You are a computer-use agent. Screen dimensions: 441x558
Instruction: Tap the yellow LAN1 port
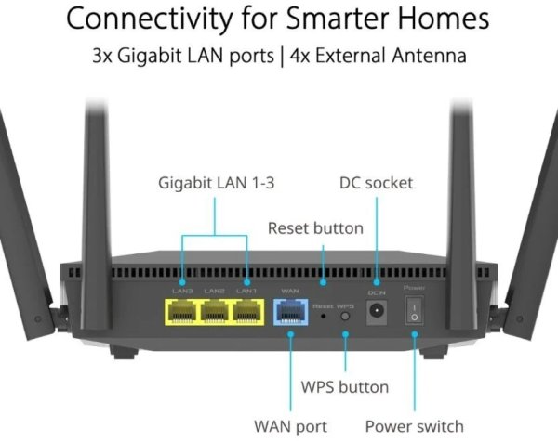pos(246,313)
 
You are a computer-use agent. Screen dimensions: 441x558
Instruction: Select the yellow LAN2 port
pos(215,313)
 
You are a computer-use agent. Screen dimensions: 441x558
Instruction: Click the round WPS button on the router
pos(346,317)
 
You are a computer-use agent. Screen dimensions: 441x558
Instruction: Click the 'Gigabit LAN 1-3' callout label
pos(215,184)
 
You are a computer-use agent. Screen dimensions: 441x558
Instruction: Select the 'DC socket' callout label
pos(376,184)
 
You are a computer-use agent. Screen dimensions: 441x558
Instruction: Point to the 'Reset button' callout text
pos(315,227)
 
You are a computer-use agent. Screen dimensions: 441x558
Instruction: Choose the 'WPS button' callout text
pos(346,386)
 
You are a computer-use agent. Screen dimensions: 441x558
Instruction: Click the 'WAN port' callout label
pos(290,426)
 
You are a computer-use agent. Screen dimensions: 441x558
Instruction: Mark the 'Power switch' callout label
pos(414,426)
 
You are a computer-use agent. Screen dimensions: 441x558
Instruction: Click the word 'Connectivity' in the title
pos(149,18)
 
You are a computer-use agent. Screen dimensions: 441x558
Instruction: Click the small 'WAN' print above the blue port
pos(289,292)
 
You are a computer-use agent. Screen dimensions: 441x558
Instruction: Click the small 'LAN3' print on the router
pos(183,292)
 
